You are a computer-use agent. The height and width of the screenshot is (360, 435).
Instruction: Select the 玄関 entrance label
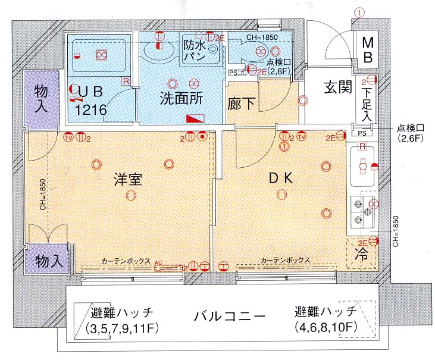[337, 87]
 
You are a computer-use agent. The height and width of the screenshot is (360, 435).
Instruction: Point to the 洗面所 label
[181, 98]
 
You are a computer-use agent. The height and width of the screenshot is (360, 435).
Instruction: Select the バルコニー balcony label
[229, 316]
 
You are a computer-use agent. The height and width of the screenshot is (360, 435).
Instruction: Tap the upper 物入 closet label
[41, 98]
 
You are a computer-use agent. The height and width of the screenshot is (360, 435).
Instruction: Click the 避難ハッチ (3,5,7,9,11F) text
[123, 320]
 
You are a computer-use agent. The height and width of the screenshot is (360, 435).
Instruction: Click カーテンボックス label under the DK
[285, 261]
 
